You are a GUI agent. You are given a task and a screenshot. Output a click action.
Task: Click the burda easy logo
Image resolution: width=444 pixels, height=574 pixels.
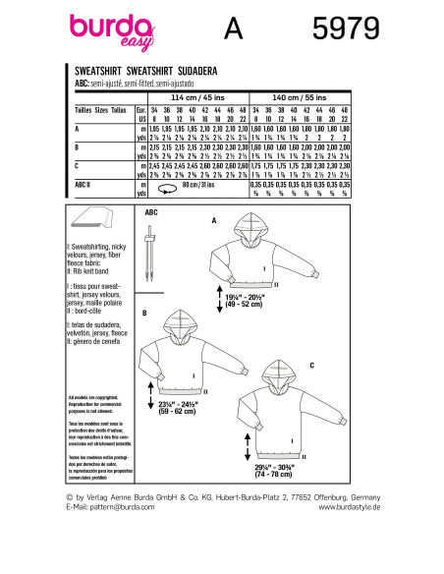click(106, 32)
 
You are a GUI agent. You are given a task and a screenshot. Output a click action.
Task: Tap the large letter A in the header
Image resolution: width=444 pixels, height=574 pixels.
click(232, 32)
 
